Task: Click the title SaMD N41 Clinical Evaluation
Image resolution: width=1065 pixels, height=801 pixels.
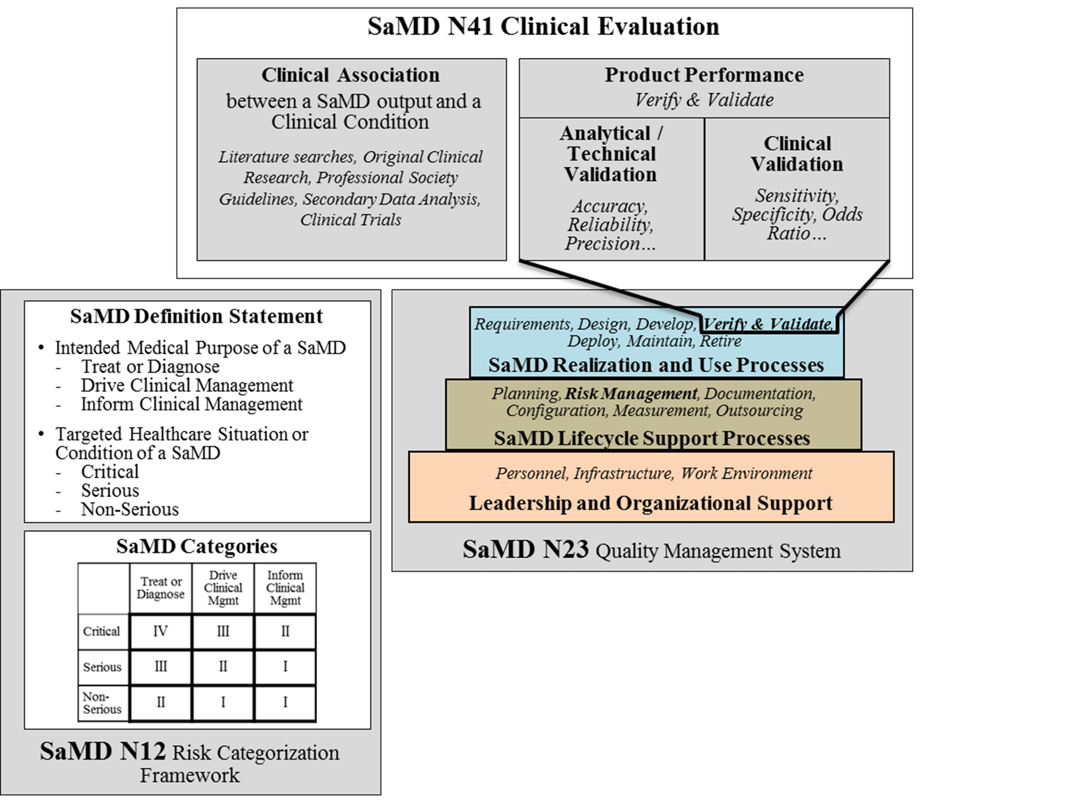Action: click(x=543, y=26)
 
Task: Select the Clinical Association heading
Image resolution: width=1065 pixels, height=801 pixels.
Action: click(x=351, y=75)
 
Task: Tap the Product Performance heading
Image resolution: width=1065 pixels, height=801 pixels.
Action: click(x=704, y=75)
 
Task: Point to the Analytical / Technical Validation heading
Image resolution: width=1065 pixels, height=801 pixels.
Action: click(x=611, y=154)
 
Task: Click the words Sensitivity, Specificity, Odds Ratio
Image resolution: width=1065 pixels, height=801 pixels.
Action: click(x=797, y=214)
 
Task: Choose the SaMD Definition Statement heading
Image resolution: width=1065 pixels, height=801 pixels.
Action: click(x=197, y=316)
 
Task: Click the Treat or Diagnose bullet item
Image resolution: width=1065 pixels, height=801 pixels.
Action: click(x=150, y=367)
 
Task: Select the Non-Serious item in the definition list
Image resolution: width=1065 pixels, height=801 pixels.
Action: click(x=129, y=509)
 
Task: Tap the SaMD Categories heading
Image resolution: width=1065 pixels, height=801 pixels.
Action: click(x=197, y=546)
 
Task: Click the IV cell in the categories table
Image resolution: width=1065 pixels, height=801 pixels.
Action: click(x=160, y=631)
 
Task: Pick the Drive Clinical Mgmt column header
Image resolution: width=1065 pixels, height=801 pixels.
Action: click(x=223, y=588)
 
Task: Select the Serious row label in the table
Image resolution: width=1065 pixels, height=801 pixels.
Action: click(x=102, y=667)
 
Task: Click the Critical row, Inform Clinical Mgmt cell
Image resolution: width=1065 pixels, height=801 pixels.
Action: click(x=285, y=631)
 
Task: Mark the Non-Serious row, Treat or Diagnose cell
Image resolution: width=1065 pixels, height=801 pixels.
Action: click(x=160, y=703)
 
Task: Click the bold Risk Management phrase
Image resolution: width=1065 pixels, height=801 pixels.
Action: click(x=631, y=394)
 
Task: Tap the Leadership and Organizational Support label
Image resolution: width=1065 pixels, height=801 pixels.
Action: click(x=651, y=503)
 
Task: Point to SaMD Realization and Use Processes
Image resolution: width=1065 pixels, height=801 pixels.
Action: click(x=656, y=365)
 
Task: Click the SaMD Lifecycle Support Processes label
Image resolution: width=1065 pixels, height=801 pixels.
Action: click(x=652, y=438)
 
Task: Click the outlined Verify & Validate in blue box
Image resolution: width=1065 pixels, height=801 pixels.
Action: click(x=767, y=324)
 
